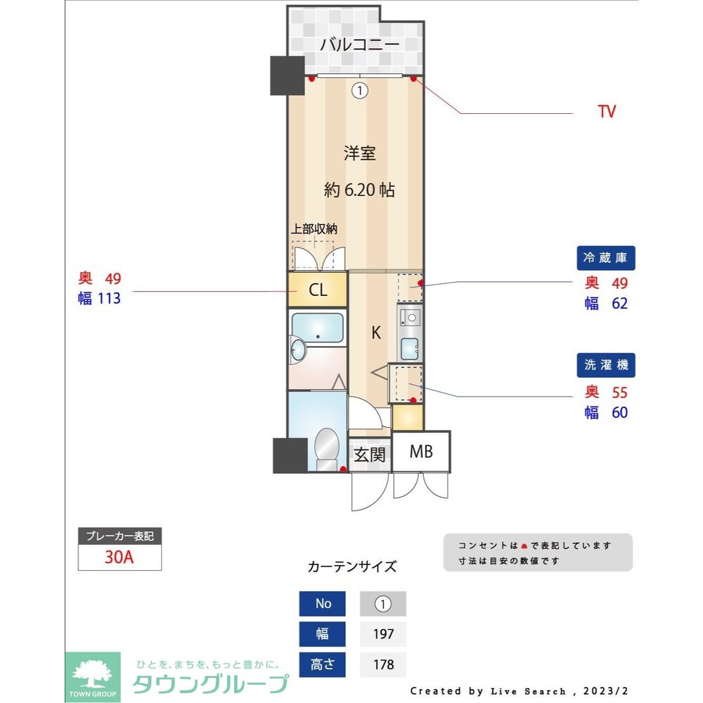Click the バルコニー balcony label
pos(359,45)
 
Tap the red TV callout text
pos(607,112)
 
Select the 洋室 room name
pos(359,153)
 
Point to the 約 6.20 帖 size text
pos(359,190)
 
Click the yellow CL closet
pos(318,290)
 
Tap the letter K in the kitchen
pos(376,333)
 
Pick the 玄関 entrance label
pos(369,455)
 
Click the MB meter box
pos(421,452)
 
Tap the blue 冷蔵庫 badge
pos(605,258)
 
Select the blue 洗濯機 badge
pos(605,366)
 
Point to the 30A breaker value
pos(120,557)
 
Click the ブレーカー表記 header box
pos(120,536)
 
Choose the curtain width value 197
pos(383,634)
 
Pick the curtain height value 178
pos(383,664)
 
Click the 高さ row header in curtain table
pos(323,664)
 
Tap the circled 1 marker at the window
pos(360,90)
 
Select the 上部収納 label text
pos(315,228)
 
